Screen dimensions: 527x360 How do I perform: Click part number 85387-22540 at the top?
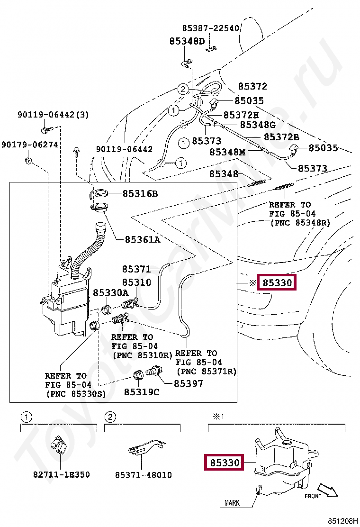[211, 28]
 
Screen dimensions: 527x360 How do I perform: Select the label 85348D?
[187, 41]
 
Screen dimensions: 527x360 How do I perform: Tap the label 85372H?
[241, 115]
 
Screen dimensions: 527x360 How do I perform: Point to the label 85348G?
[258, 125]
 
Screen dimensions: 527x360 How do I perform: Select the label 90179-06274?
[29, 144]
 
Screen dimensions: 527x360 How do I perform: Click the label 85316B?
[140, 193]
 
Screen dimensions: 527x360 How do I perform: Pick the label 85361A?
[143, 239]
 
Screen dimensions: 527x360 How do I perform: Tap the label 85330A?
[110, 293]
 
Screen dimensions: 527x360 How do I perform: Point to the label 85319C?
[142, 392]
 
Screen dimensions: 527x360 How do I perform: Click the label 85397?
[188, 383]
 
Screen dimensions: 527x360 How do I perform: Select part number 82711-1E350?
[62, 474]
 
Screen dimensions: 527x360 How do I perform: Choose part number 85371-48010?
[143, 474]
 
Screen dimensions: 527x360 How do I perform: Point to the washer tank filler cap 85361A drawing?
[99, 208]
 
